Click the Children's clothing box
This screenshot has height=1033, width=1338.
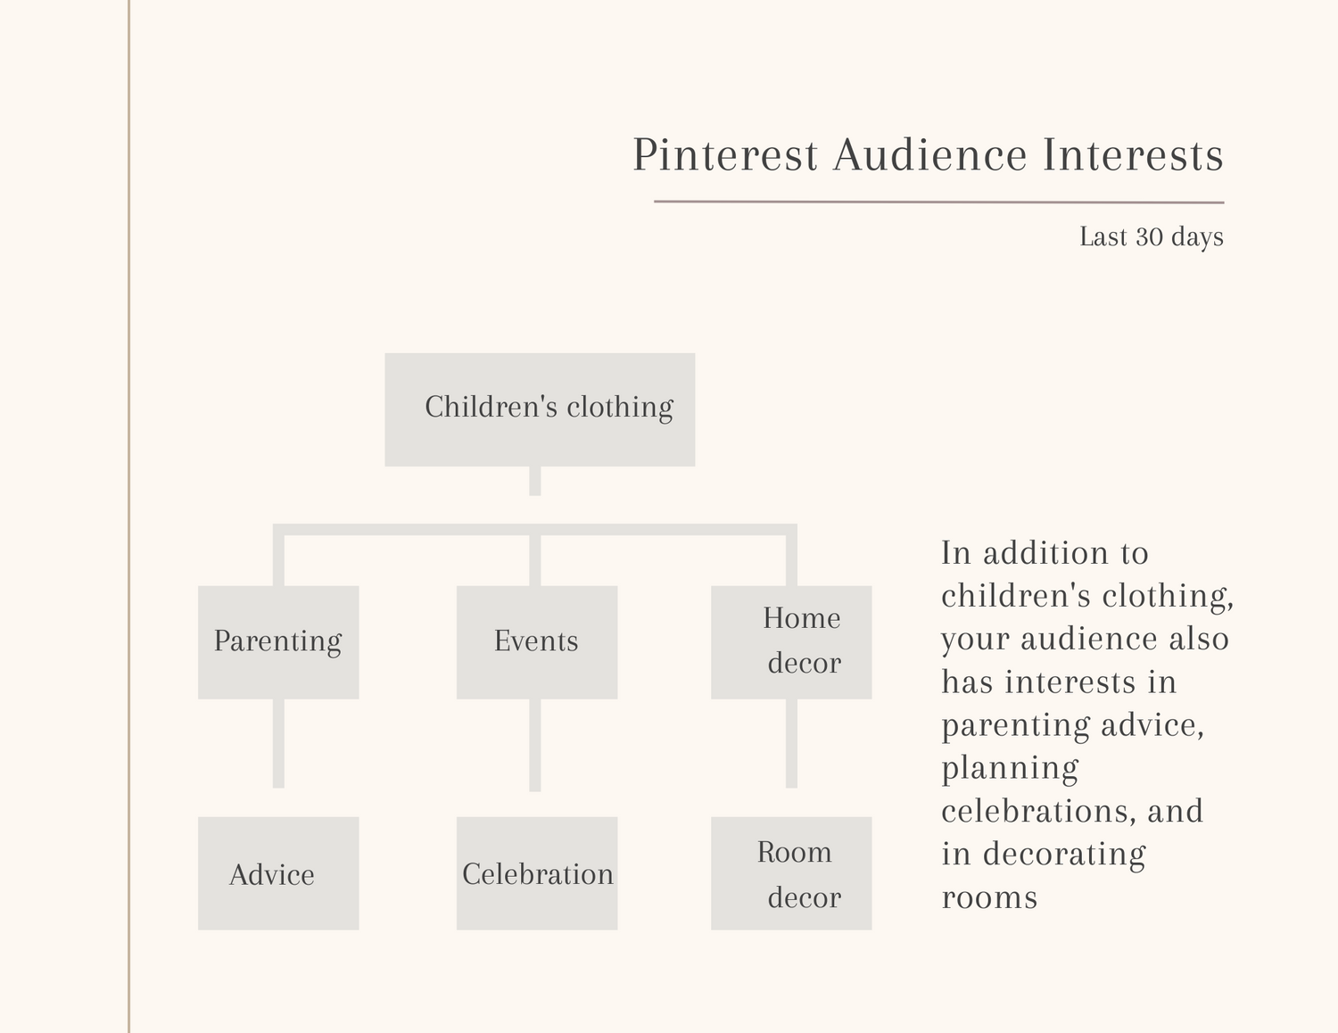click(x=540, y=409)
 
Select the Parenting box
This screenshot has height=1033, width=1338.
click(x=278, y=642)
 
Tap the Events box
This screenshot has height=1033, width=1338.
click(x=537, y=642)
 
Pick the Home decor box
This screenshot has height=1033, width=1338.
click(x=791, y=642)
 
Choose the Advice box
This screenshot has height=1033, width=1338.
click(x=278, y=873)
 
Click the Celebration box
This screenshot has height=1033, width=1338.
click(x=537, y=873)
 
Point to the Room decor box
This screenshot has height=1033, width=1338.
click(x=791, y=873)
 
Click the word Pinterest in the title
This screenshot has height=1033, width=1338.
click(x=725, y=154)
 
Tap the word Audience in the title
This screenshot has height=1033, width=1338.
click(x=930, y=154)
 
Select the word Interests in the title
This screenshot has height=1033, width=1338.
click(x=1133, y=154)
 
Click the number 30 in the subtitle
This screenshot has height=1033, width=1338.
click(x=1149, y=237)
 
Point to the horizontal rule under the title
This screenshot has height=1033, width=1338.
click(x=939, y=202)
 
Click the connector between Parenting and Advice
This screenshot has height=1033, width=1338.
click(x=278, y=744)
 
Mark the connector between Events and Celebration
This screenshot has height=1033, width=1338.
click(x=535, y=746)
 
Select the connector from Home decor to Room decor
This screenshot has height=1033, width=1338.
click(x=791, y=744)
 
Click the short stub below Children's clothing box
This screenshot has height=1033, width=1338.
click(x=535, y=481)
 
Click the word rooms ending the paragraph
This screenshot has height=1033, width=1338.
click(x=989, y=897)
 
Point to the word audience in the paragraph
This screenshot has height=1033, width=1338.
click(x=1089, y=639)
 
